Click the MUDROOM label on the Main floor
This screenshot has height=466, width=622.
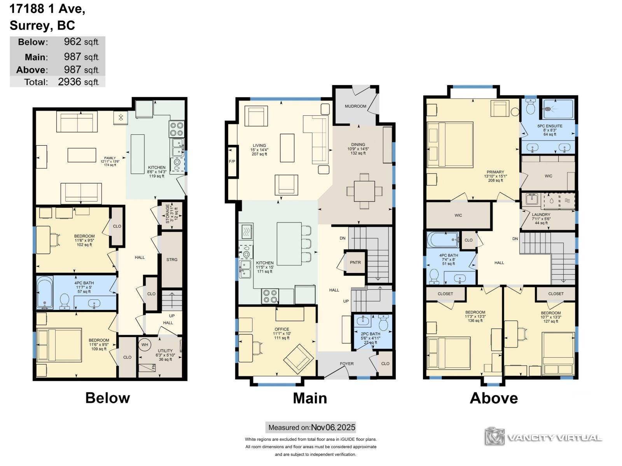pyautogui.click(x=355, y=106)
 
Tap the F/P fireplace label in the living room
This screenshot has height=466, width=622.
pyautogui.click(x=232, y=161)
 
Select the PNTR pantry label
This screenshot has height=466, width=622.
pyautogui.click(x=355, y=262)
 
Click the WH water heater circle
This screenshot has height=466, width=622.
pyautogui.click(x=145, y=344)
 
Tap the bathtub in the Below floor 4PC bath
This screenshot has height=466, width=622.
pyautogui.click(x=45, y=292)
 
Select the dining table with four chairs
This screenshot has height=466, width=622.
pyautogui.click(x=364, y=191)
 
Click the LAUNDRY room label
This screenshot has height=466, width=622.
pyautogui.click(x=541, y=214)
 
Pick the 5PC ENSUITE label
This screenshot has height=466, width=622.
pyautogui.click(x=550, y=126)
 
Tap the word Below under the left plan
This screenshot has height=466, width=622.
pyautogui.click(x=107, y=398)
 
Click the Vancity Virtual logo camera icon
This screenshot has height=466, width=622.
pyautogui.click(x=494, y=436)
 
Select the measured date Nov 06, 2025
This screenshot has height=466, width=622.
pyautogui.click(x=333, y=427)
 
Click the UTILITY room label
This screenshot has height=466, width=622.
pyautogui.click(x=165, y=351)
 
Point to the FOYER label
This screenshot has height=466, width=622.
pyautogui.click(x=346, y=363)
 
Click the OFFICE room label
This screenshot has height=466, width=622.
pyautogui.click(x=282, y=329)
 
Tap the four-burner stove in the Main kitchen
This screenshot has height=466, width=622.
pyautogui.click(x=270, y=296)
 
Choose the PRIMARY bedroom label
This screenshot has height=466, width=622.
pyautogui.click(x=495, y=172)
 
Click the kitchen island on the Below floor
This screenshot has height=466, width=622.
pyautogui.click(x=138, y=154)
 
